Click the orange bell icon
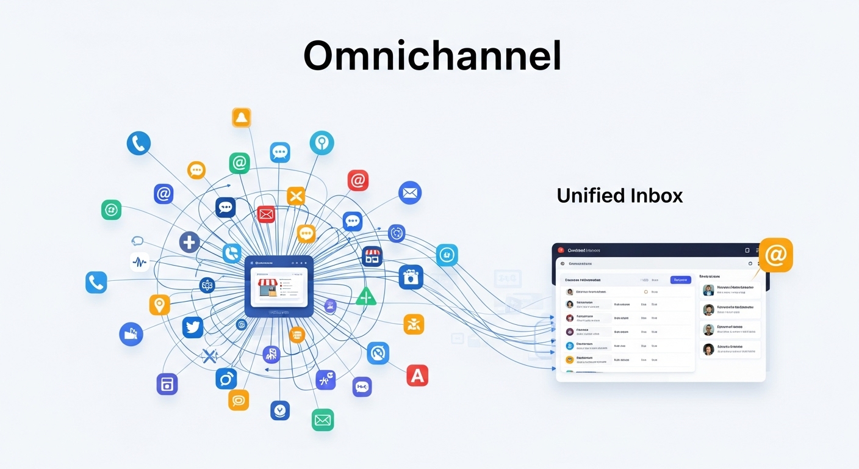pos(242,117)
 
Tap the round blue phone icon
pos(138,144)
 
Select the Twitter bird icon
pos(193,328)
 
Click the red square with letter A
pos(417,376)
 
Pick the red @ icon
pos(358,180)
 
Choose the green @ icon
pos(239,163)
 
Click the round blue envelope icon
pos(410,193)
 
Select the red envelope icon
pos(266,214)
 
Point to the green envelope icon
pos(323,420)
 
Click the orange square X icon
pos(296,196)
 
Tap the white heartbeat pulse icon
pos(140,262)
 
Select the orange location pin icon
pos(159,304)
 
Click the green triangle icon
pos(366,297)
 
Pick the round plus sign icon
pos(190,242)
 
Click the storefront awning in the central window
pos(268,283)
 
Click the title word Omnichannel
pos(432,57)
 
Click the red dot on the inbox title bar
pos(561,250)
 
